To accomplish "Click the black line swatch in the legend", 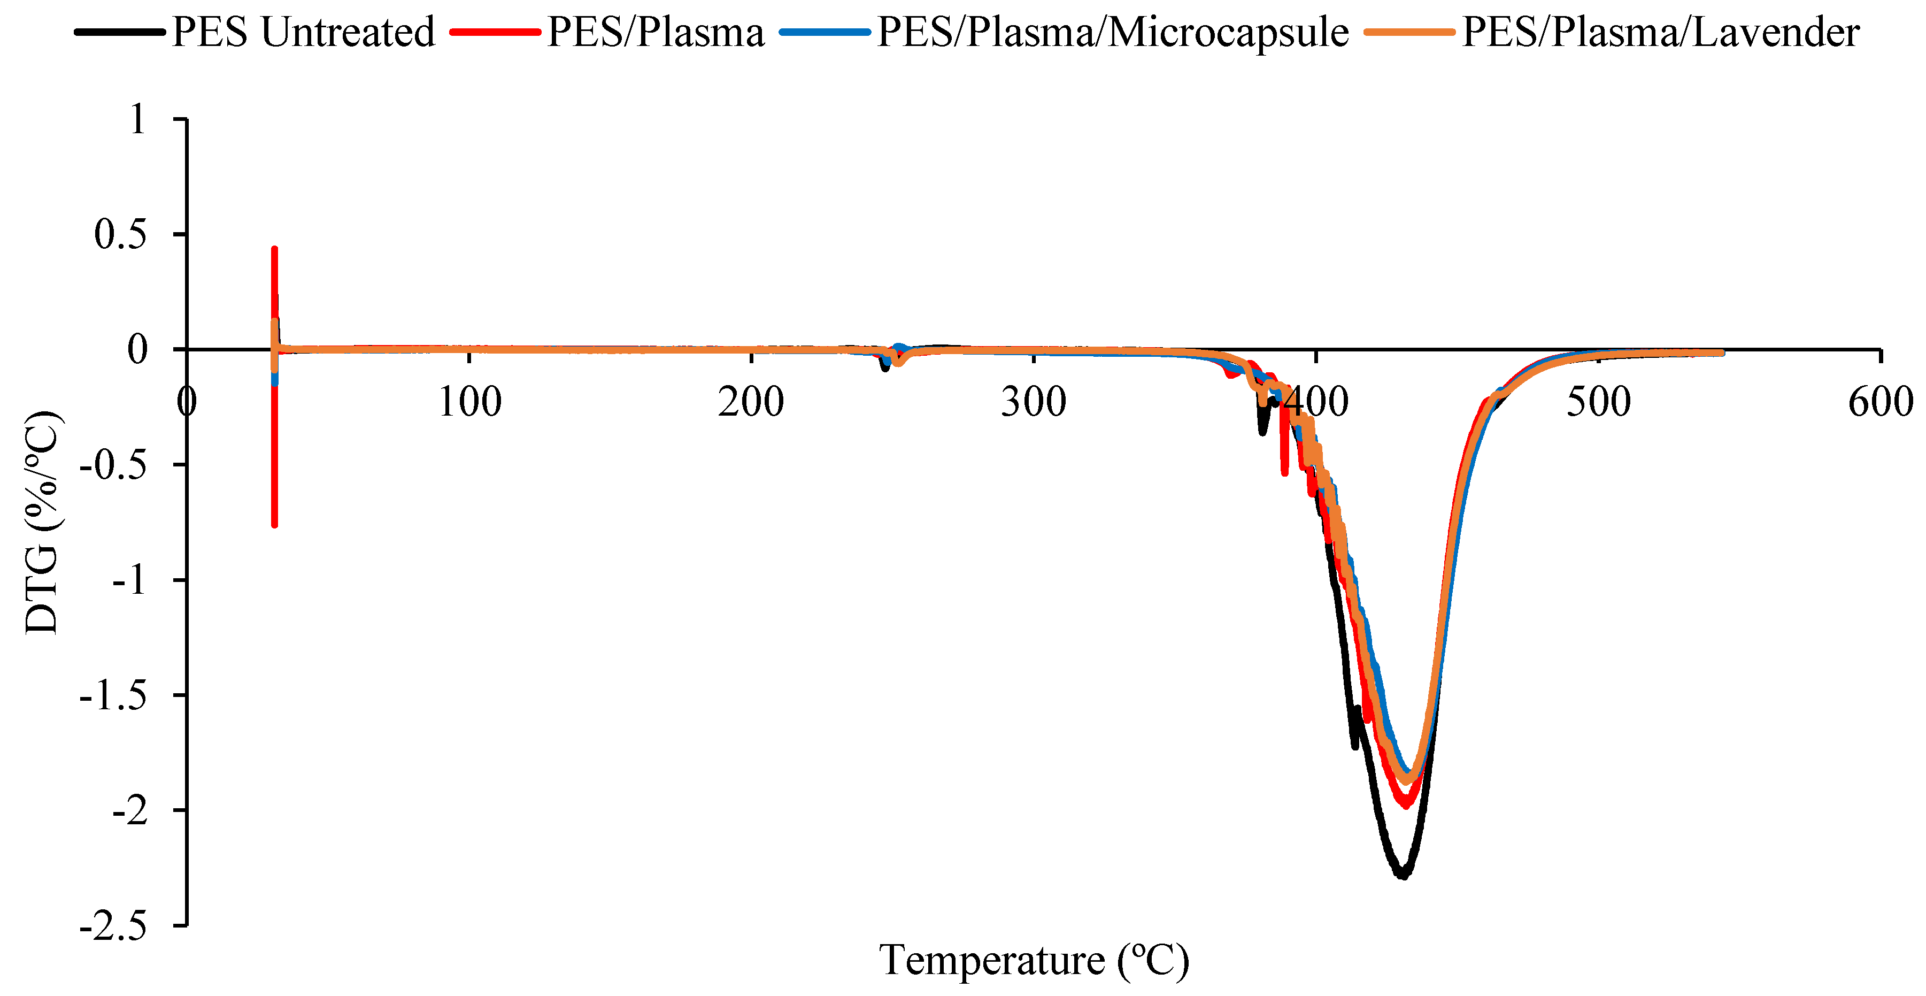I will [x=120, y=32].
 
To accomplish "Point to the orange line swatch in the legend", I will [x=1408, y=32].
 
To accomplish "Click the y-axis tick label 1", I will [x=137, y=120].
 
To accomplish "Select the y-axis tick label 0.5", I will [x=120, y=235].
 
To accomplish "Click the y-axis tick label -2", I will [x=129, y=811].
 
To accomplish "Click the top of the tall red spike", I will [x=274, y=249].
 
